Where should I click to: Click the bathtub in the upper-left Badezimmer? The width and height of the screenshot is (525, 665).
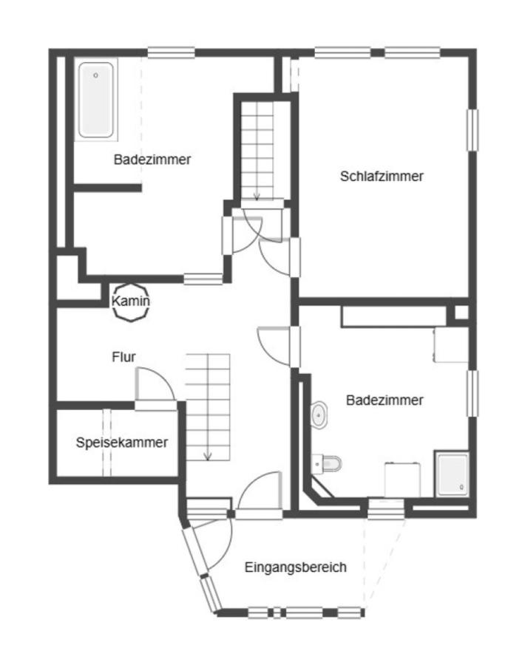click(96, 100)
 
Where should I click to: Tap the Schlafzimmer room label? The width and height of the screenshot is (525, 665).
click(382, 177)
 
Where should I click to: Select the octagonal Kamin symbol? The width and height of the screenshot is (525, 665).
click(131, 301)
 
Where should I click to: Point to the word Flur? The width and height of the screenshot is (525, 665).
click(123, 357)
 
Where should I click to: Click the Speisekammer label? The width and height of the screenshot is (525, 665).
click(121, 443)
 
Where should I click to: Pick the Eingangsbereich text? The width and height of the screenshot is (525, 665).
click(295, 567)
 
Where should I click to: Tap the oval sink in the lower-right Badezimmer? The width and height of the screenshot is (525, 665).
click(319, 415)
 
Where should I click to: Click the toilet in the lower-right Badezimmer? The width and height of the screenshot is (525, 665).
click(327, 463)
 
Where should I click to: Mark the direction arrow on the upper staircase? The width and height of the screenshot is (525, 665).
click(257, 195)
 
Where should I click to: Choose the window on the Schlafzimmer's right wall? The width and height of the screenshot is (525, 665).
click(471, 130)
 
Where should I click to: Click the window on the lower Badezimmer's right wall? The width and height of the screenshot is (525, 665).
click(471, 392)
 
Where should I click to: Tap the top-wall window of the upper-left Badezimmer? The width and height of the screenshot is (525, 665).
click(171, 52)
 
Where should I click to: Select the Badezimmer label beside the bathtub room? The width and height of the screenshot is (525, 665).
click(152, 160)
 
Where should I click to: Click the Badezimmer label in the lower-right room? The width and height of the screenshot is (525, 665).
click(385, 400)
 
